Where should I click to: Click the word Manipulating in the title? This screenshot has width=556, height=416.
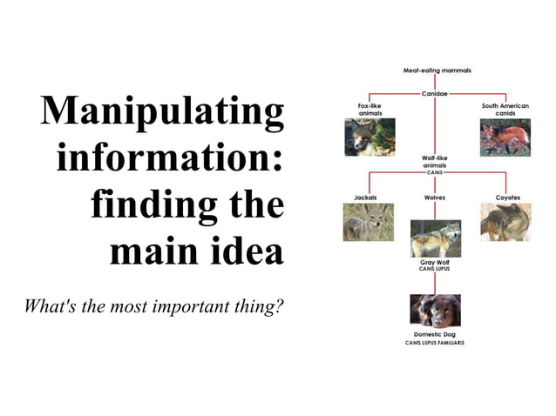point(163,112)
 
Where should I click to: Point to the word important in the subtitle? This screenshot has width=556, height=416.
point(189,306)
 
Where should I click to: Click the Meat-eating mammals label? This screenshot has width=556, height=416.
point(437,70)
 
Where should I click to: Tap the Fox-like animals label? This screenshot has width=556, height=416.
point(370,109)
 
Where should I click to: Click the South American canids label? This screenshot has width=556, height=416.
point(505,109)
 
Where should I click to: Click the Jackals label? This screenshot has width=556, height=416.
point(366,198)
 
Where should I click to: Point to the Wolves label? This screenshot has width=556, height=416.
point(435,198)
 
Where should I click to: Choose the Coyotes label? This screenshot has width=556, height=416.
point(507,198)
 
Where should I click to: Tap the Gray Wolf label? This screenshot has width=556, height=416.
point(435,262)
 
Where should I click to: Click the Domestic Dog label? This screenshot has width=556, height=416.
point(435,334)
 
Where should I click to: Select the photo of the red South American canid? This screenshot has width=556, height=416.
point(505,138)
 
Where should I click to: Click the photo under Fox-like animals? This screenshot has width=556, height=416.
point(370,138)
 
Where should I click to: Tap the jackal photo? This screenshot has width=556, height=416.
point(367,222)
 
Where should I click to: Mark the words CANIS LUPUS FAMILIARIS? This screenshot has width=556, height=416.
point(435,343)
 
